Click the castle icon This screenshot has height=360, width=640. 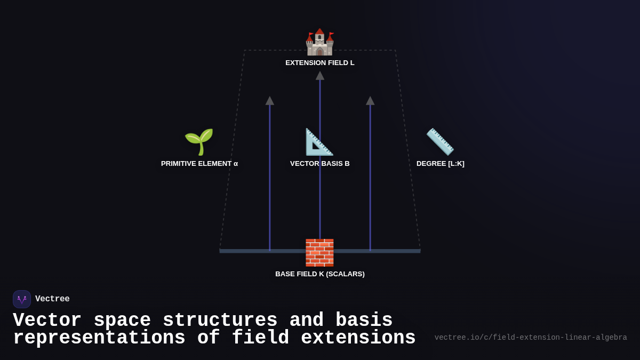click(319, 42)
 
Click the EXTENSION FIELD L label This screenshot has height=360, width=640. click(319, 63)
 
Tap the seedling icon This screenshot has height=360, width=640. click(199, 142)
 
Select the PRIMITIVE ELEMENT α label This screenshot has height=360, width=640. click(199, 164)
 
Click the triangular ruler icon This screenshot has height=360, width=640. click(319, 142)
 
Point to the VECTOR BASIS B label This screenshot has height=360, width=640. click(319, 164)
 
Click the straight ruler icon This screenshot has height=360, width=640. click(440, 142)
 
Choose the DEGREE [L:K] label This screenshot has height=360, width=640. click(440, 164)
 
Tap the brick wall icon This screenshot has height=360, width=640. click(319, 252)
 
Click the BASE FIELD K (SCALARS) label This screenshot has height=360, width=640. click(319, 274)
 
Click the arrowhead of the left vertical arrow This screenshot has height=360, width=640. click(270, 101)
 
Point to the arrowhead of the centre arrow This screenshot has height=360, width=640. click(320, 76)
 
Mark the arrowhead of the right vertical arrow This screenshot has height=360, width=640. click(370, 101)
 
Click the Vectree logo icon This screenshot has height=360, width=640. click(22, 299)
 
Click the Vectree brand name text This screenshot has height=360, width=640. click(52, 299)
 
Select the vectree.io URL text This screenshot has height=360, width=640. click(531, 338)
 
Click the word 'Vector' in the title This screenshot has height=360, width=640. click(47, 321)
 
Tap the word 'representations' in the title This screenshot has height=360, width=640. click(99, 338)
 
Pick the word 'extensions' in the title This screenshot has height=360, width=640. click(358, 338)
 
